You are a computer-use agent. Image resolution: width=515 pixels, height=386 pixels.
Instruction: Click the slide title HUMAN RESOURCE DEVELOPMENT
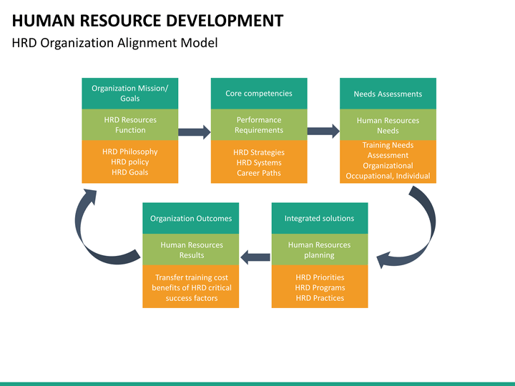[x=147, y=20]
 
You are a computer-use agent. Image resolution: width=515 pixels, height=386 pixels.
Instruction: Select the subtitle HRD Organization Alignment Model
[x=114, y=43]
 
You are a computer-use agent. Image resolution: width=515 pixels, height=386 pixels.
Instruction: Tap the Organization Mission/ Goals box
[x=130, y=94]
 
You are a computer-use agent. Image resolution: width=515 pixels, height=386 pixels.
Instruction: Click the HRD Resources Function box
[x=130, y=124]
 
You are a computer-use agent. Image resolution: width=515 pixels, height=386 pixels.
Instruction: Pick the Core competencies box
[x=259, y=94]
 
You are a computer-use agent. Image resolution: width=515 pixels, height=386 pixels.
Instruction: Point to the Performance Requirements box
[x=259, y=124]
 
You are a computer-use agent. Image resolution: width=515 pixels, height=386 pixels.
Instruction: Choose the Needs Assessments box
[x=388, y=94]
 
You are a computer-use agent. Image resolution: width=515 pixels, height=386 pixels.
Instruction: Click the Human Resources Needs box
[x=388, y=124]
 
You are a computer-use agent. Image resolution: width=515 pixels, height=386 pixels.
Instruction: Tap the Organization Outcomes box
[x=191, y=218]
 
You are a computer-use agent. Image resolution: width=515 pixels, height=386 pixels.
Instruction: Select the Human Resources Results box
[x=191, y=249]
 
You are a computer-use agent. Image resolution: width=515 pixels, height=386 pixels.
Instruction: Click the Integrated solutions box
[x=320, y=218]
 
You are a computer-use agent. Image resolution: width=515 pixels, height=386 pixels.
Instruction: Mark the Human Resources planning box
[x=320, y=249]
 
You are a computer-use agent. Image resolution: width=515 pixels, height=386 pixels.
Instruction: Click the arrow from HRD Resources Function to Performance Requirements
[x=195, y=132]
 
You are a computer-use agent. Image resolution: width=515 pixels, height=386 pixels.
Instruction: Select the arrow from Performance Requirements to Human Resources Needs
[x=323, y=132]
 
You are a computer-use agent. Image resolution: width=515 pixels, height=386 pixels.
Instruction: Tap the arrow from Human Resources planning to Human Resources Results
[x=255, y=257]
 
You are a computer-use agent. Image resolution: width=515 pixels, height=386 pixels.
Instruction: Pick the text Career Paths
[x=259, y=173]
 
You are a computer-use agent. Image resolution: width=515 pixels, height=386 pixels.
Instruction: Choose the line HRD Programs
[x=320, y=287]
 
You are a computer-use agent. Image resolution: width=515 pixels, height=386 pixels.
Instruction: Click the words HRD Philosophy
[x=130, y=152]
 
